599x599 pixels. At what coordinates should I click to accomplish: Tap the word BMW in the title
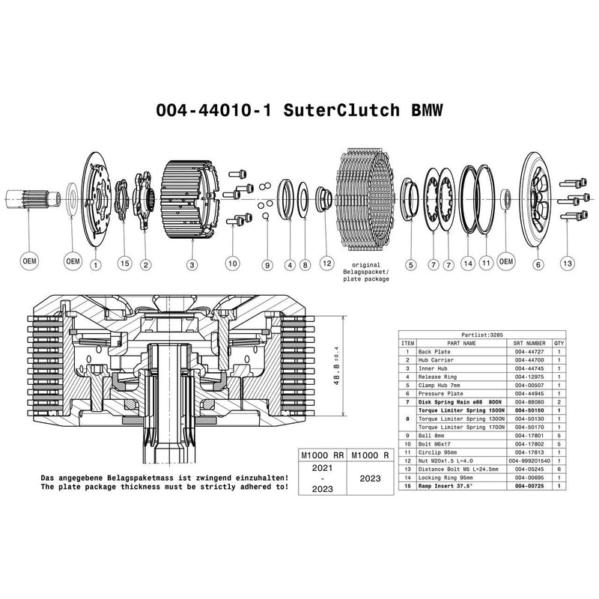coord(425,110)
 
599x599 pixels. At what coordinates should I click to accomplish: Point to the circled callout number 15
coord(124,264)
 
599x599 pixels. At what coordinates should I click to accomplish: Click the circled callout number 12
coord(326,264)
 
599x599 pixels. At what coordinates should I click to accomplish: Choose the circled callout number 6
coord(538,264)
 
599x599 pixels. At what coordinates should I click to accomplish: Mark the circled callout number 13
coord(568,264)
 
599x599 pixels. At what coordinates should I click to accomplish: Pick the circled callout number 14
coord(468,264)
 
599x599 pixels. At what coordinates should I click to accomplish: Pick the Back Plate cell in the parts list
coord(435,350)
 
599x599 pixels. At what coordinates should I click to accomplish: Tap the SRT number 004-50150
coord(529,410)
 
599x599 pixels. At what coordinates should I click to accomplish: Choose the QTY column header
coord(559,343)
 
